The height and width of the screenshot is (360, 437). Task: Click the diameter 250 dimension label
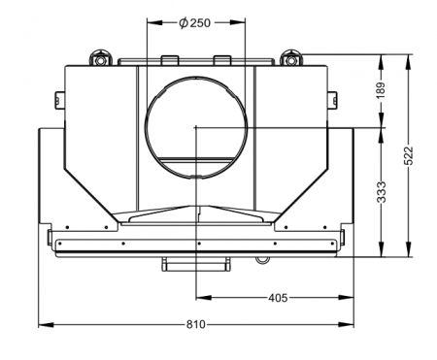pyautogui.click(x=195, y=23)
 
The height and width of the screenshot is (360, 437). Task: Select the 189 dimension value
pyautogui.click(x=382, y=90)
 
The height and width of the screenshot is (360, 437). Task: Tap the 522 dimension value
pyautogui.click(x=409, y=156)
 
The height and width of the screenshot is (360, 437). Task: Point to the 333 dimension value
pyautogui.click(x=382, y=192)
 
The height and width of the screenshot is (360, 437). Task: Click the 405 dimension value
pyautogui.click(x=278, y=298)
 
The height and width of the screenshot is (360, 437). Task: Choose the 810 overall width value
pyautogui.click(x=195, y=324)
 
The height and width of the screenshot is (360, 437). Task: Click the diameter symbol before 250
pyautogui.click(x=184, y=23)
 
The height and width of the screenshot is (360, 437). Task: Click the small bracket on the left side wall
pyautogui.click(x=58, y=99)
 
